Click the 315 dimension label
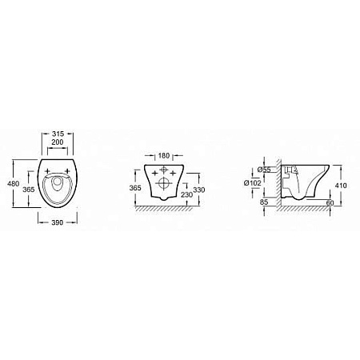(x=58, y=134)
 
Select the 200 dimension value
(x=58, y=142)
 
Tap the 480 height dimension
(x=14, y=184)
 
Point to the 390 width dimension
(x=57, y=222)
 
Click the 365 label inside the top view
(x=29, y=190)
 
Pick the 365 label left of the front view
(x=135, y=188)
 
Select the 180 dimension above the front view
(x=164, y=155)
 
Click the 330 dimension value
(x=199, y=190)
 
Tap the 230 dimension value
(x=186, y=194)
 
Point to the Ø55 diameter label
(x=264, y=170)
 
